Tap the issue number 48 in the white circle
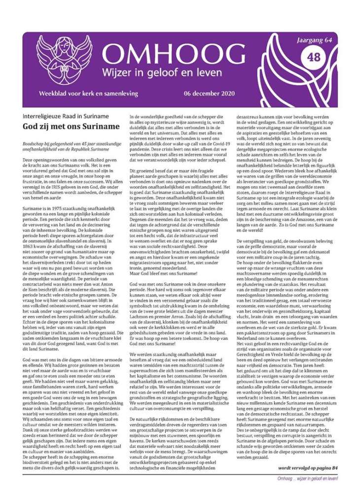click(x=314, y=57)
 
